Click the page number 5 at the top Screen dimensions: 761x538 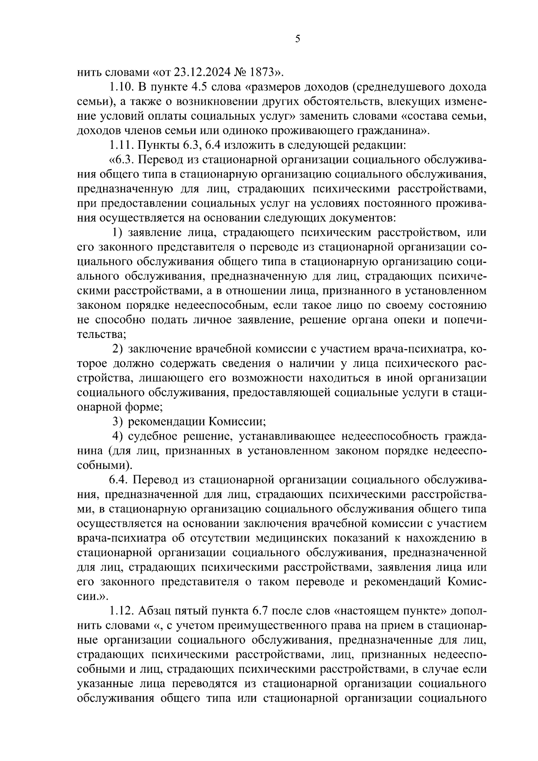[x=298, y=39]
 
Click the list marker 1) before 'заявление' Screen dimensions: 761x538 [x=117, y=233]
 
